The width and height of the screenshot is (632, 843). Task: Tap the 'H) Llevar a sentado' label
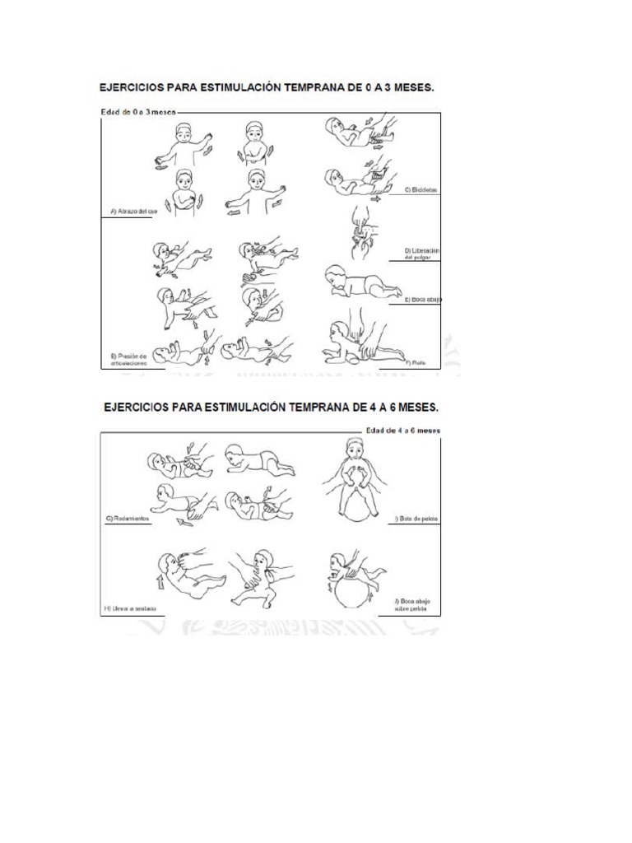coord(130,609)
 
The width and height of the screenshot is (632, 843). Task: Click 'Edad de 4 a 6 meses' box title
coord(403,429)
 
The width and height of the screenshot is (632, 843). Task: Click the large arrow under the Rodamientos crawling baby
coord(188,519)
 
